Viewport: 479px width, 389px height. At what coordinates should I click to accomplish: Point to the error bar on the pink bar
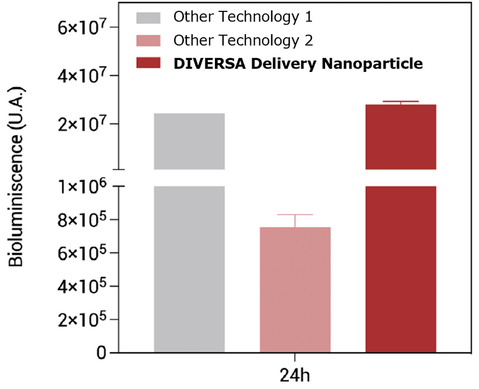[295, 220]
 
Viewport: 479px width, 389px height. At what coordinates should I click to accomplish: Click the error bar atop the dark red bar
[401, 103]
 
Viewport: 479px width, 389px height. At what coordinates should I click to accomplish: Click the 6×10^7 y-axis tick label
[82, 28]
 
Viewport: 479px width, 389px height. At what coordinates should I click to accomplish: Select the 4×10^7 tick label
[82, 76]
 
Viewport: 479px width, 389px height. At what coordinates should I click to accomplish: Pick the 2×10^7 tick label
[82, 124]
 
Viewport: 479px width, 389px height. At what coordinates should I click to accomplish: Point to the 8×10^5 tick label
[82, 220]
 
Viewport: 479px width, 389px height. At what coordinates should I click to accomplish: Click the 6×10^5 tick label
[82, 253]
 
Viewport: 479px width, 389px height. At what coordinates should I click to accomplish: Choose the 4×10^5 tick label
[82, 286]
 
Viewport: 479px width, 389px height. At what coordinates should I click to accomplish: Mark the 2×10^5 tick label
[82, 319]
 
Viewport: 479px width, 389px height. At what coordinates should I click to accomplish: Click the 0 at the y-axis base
[104, 352]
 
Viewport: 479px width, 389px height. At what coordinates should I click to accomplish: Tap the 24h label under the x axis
[295, 376]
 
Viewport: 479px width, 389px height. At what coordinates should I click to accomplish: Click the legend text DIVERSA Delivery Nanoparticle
[298, 63]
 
